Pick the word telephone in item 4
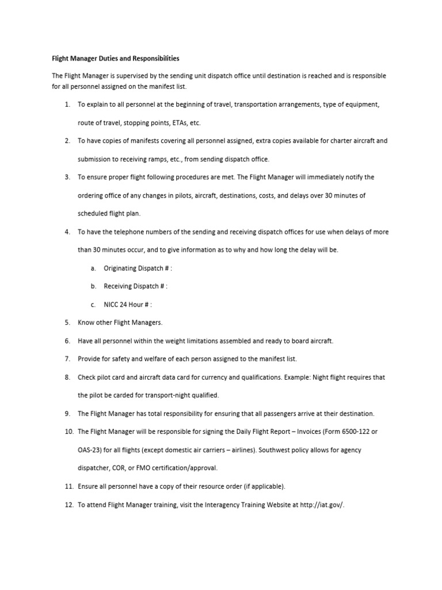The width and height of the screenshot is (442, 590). point(122,232)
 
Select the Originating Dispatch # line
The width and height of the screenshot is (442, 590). point(138,268)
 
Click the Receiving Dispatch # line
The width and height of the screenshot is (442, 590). point(135,286)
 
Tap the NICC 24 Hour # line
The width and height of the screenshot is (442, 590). point(128,305)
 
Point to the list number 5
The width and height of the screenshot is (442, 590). point(67,323)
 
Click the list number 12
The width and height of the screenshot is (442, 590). point(67,504)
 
